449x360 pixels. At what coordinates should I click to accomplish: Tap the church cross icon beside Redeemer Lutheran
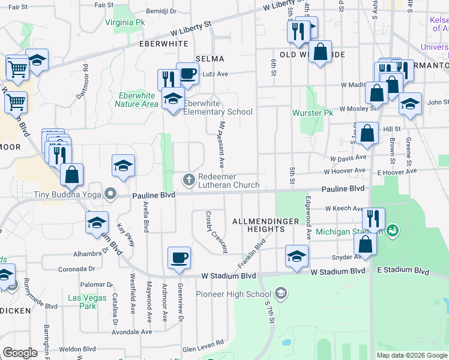(188, 179)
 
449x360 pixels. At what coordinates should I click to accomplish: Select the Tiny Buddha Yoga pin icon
(110, 194)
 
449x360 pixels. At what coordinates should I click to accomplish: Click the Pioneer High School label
(234, 294)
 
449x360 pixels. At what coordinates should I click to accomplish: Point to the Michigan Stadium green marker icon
(393, 230)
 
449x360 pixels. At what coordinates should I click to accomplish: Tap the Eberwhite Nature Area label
(137, 100)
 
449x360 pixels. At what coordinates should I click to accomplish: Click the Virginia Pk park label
(125, 22)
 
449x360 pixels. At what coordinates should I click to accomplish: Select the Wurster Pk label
(312, 112)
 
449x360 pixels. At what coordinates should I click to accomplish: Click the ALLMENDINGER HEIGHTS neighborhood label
(265, 225)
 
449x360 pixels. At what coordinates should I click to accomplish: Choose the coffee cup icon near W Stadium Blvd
(179, 258)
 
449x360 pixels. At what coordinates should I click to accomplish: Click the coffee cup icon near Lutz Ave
(187, 74)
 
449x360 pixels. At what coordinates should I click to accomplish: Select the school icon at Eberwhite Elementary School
(173, 98)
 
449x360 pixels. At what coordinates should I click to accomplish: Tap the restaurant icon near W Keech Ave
(373, 218)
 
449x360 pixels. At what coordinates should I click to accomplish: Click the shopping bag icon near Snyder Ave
(365, 244)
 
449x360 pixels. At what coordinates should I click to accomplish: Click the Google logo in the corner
(20, 353)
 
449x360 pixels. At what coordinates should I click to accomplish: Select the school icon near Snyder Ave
(297, 256)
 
